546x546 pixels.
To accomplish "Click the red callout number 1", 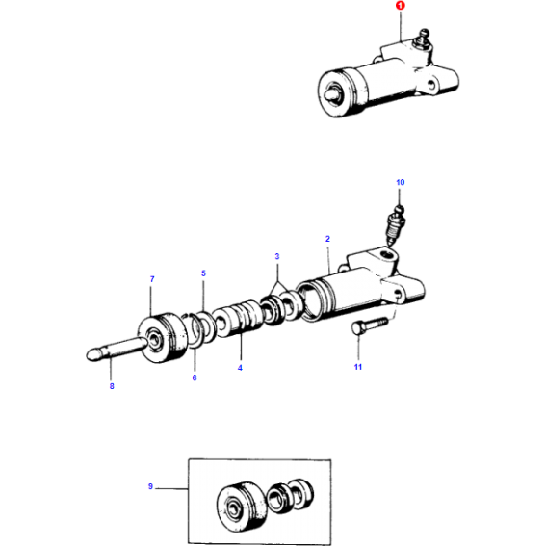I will point(403,8).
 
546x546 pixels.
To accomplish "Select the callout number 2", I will point(327,238).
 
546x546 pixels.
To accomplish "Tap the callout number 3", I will point(277,257).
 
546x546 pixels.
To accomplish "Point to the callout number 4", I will point(241,367).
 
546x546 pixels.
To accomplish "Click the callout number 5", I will point(203,274).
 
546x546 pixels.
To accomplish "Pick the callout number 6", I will point(194,377).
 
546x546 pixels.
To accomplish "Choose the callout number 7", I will point(151,279).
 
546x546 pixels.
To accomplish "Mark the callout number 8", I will point(112,386).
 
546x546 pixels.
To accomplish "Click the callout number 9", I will point(150,487).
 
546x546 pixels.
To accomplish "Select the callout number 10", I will point(401,182).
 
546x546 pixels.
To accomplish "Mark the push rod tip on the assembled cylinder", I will point(334,94).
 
